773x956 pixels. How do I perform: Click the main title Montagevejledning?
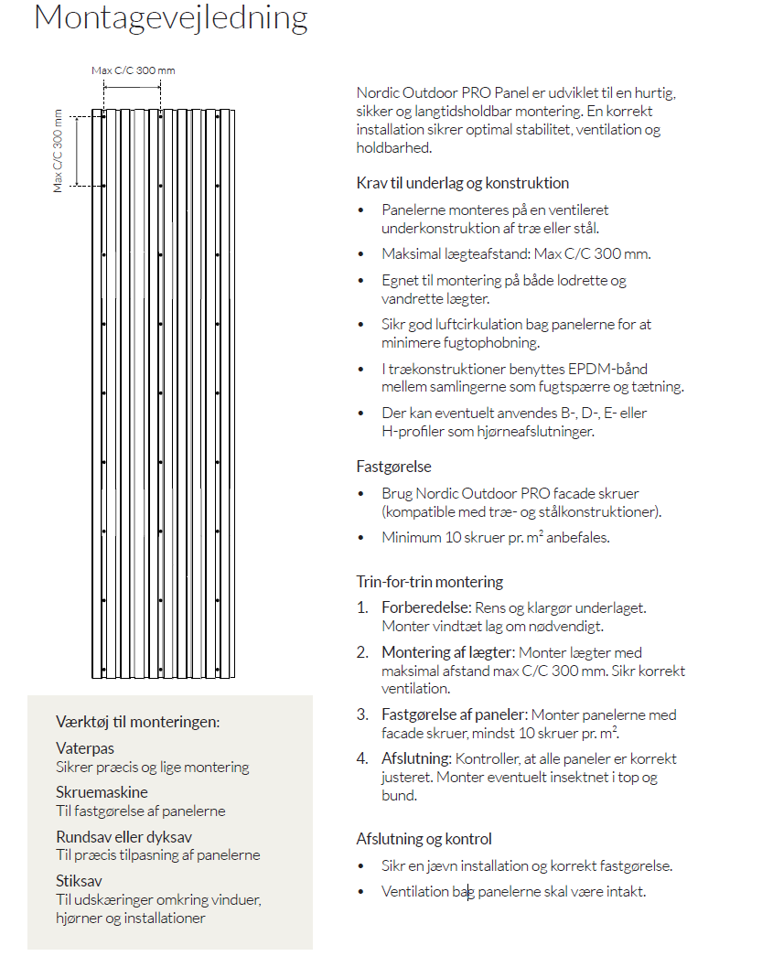pyautogui.click(x=170, y=18)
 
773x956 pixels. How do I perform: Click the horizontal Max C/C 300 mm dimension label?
pyautogui.click(x=133, y=70)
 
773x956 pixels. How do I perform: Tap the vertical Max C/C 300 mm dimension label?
pyautogui.click(x=59, y=150)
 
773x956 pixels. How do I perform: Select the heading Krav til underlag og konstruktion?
pyautogui.click(x=462, y=183)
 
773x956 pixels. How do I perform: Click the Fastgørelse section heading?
pyautogui.click(x=393, y=467)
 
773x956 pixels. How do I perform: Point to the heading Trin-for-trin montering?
pyautogui.click(x=429, y=582)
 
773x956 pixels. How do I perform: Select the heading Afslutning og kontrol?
pyautogui.click(x=424, y=839)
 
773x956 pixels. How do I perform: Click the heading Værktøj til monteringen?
pyautogui.click(x=137, y=722)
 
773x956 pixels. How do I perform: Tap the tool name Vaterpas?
pyautogui.click(x=85, y=748)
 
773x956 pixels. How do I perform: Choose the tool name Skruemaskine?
pyautogui.click(x=102, y=792)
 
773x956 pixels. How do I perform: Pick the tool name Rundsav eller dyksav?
pyautogui.click(x=123, y=836)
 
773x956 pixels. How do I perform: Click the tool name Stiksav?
pyautogui.click(x=79, y=881)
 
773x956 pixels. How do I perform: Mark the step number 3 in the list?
pyautogui.click(x=362, y=714)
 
